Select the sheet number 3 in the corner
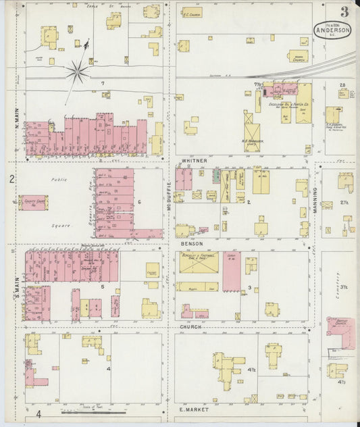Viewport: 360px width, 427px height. click(x=344, y=11)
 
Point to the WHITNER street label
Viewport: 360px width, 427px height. click(x=193, y=161)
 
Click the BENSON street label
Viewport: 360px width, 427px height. click(x=192, y=243)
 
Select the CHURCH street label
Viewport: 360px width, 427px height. click(x=191, y=327)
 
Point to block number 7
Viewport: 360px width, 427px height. click(x=103, y=83)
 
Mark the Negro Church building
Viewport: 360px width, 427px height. click(x=298, y=57)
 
